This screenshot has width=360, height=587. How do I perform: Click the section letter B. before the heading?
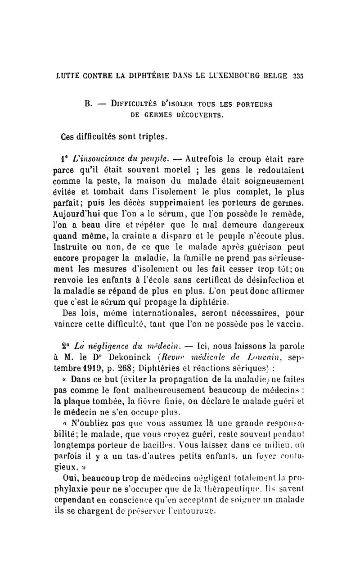89,104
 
